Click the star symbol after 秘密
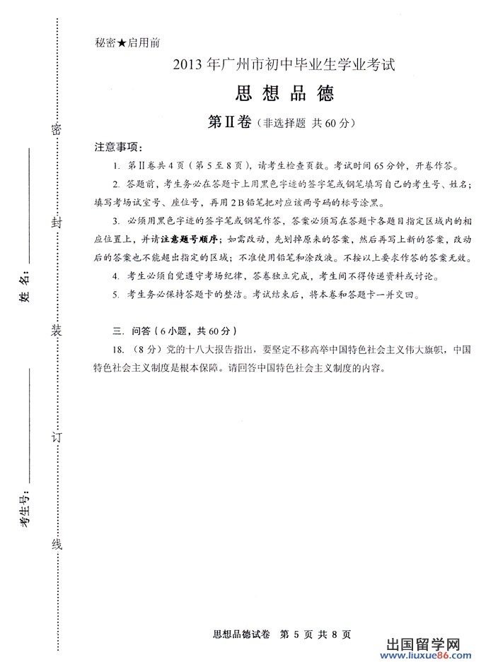122,42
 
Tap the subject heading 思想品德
282,93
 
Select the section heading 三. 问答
128,331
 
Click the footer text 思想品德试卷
240,634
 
